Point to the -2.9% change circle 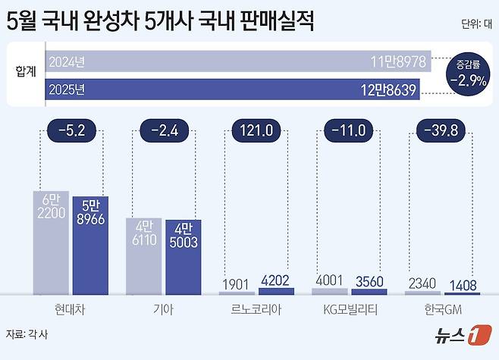click(466, 74)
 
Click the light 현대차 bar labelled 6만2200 click(52, 242)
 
